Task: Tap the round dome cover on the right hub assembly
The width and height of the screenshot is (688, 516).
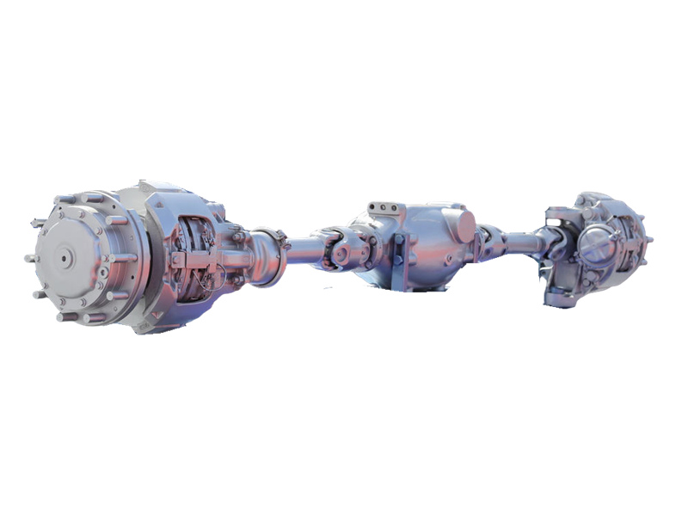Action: tap(596, 238)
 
